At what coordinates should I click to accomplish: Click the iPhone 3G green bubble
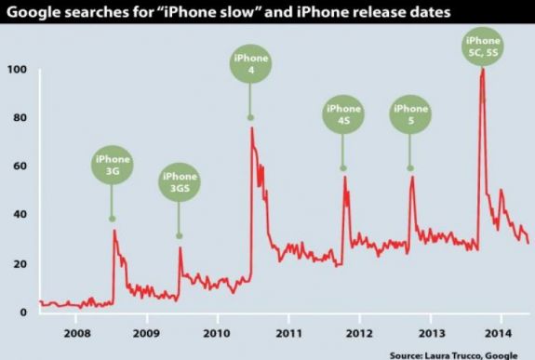(112, 166)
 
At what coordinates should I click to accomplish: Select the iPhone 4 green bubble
(250, 66)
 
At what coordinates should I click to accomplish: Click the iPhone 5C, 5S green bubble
(482, 47)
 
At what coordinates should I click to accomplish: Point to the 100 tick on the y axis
(18, 71)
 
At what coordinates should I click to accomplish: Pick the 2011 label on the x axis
(288, 332)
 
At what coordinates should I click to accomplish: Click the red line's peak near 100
(482, 71)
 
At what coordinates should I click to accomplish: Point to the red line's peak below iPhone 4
(251, 128)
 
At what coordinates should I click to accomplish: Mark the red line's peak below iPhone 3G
(114, 231)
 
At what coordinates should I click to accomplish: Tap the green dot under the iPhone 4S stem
(343, 167)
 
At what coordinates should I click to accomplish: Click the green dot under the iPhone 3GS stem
(180, 235)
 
